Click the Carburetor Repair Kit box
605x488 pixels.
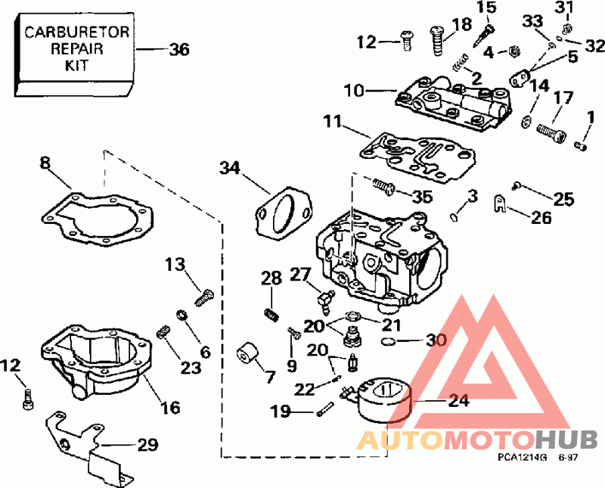[x=75, y=54]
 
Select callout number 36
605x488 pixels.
[x=179, y=50]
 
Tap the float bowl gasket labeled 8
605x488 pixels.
[x=98, y=219]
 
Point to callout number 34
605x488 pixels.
[x=230, y=168]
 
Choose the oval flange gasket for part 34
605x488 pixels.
[x=284, y=213]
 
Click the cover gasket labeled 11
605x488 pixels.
[x=417, y=157]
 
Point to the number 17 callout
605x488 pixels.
[x=563, y=98]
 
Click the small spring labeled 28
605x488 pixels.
[x=271, y=314]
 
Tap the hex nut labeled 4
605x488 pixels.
[x=513, y=51]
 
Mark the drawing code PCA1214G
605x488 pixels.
[x=522, y=458]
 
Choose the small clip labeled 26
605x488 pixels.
[x=500, y=204]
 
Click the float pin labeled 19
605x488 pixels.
[x=324, y=409]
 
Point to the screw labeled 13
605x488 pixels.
[x=204, y=297]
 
